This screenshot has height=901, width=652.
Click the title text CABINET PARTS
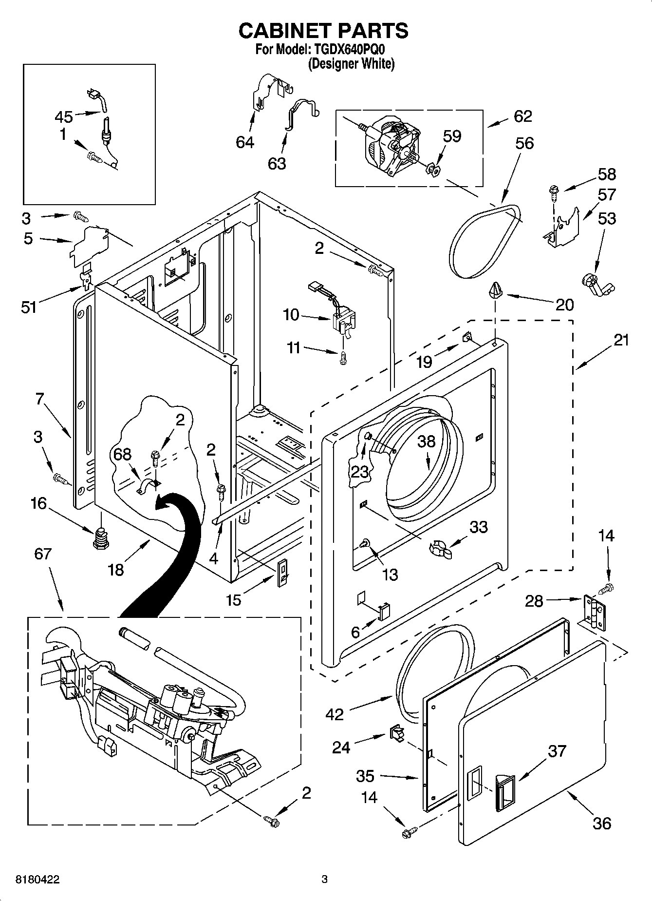(323, 31)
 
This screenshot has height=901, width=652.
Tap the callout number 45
(64, 117)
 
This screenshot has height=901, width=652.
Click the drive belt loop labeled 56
(482, 241)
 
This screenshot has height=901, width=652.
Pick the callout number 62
(522, 116)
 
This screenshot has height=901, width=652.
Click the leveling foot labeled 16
(100, 537)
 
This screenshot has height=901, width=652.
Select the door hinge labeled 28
(595, 613)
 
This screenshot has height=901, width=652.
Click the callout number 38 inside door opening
(427, 441)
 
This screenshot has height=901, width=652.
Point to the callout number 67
(43, 554)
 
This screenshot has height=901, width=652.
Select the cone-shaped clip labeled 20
(495, 290)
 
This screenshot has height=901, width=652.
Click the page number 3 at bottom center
(324, 880)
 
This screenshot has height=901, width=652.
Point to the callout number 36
(602, 823)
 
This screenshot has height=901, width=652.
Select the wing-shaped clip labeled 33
(440, 549)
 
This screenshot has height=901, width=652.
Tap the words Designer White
(351, 64)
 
